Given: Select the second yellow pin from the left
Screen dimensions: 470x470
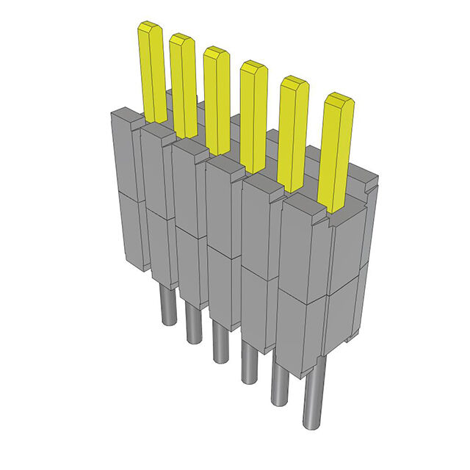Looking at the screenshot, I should tap(184, 84).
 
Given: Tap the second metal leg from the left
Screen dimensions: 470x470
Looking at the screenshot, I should tap(192, 323).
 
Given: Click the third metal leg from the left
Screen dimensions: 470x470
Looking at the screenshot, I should tap(219, 341).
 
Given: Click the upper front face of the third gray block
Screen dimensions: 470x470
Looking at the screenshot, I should tap(188, 187).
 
